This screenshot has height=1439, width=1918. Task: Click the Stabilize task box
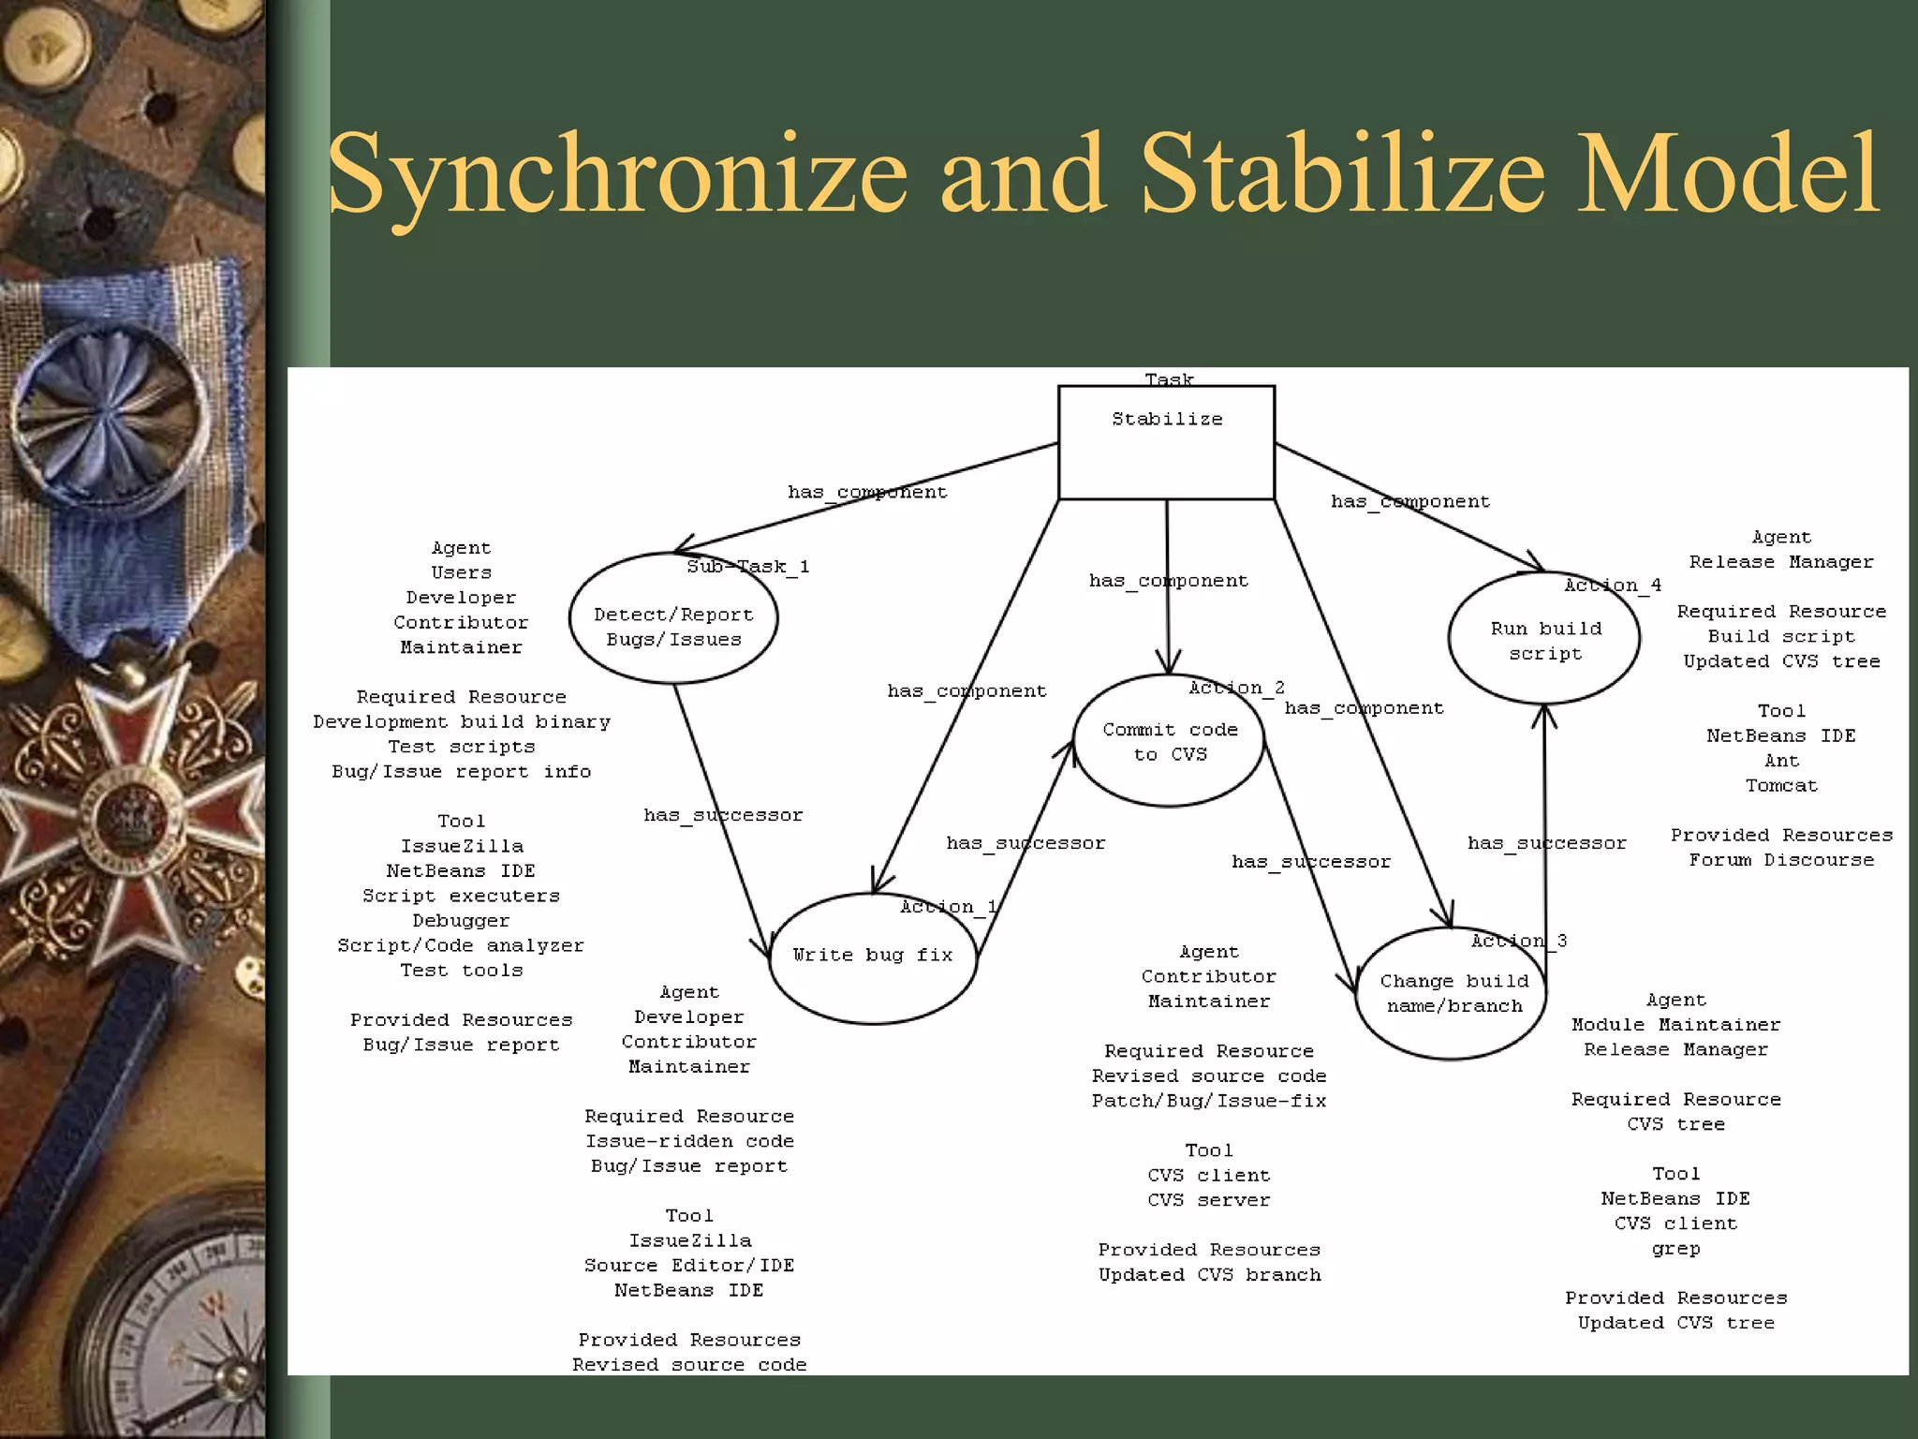click(1166, 442)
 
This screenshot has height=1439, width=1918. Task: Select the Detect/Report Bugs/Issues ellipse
click(673, 627)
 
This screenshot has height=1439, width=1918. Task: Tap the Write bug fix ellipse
click(872, 957)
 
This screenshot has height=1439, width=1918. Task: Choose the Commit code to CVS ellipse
click(1169, 741)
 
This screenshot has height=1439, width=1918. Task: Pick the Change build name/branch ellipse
click(1453, 993)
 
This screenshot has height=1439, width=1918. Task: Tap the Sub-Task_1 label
click(747, 567)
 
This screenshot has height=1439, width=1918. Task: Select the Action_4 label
click(1612, 586)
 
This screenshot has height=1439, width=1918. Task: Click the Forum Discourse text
click(1781, 860)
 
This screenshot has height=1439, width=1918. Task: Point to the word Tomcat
click(1781, 786)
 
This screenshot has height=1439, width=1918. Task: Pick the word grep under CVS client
click(1675, 1249)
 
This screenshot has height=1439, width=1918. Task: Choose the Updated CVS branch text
click(1209, 1275)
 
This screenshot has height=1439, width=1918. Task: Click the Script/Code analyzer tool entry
click(461, 946)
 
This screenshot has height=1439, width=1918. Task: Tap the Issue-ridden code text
click(689, 1141)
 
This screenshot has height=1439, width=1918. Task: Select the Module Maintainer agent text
click(1675, 1025)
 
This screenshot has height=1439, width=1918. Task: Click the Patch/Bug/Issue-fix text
click(1209, 1101)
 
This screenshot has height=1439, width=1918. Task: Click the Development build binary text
click(461, 722)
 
